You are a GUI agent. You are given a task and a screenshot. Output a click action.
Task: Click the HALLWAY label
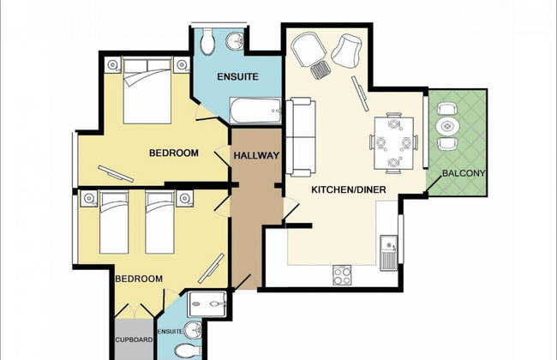pyautogui.click(x=256, y=156)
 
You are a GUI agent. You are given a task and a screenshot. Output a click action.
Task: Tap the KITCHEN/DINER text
pyautogui.click(x=349, y=189)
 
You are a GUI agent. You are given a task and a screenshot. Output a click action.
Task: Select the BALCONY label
pyautogui.click(x=464, y=173)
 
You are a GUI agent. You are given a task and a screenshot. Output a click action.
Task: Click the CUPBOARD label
pyautogui.click(x=134, y=339)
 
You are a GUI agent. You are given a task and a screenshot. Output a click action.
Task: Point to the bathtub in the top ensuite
pyautogui.click(x=255, y=111)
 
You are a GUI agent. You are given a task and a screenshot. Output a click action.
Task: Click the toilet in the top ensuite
pyautogui.click(x=207, y=42)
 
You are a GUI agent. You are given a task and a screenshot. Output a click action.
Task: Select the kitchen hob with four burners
pyautogui.click(x=342, y=275)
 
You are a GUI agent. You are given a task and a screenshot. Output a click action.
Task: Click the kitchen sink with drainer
pyautogui.click(x=389, y=252)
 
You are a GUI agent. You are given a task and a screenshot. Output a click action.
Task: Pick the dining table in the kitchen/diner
pyautogui.click(x=393, y=143)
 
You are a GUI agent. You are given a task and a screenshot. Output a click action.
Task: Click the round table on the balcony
pyautogui.click(x=447, y=126)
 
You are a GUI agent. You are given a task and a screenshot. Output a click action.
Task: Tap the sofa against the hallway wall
pyautogui.click(x=301, y=137)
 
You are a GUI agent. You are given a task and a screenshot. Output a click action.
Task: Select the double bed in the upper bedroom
pyautogui.click(x=147, y=91)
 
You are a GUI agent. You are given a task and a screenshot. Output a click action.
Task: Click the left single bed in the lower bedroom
pyautogui.click(x=114, y=223)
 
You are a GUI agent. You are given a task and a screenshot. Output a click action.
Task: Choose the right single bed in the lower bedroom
pyautogui.click(x=160, y=223)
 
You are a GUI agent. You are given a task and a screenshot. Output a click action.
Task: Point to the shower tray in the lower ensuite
pyautogui.click(x=207, y=304)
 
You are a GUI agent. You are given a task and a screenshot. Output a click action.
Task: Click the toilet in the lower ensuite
pyautogui.click(x=188, y=351)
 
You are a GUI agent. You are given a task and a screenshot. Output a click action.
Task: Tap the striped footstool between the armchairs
pyautogui.click(x=321, y=69)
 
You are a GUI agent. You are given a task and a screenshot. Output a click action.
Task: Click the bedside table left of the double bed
pyautogui.click(x=113, y=64)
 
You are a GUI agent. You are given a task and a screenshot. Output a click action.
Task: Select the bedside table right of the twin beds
pyautogui.click(x=185, y=198)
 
